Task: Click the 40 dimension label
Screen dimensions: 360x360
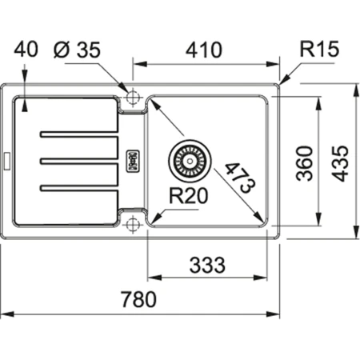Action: point(27,50)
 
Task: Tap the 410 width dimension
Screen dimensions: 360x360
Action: point(205,50)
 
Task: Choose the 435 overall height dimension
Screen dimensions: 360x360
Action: point(342,163)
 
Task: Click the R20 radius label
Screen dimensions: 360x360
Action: point(184,195)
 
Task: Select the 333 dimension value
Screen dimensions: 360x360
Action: point(206,264)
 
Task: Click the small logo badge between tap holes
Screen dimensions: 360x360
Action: point(134,159)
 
